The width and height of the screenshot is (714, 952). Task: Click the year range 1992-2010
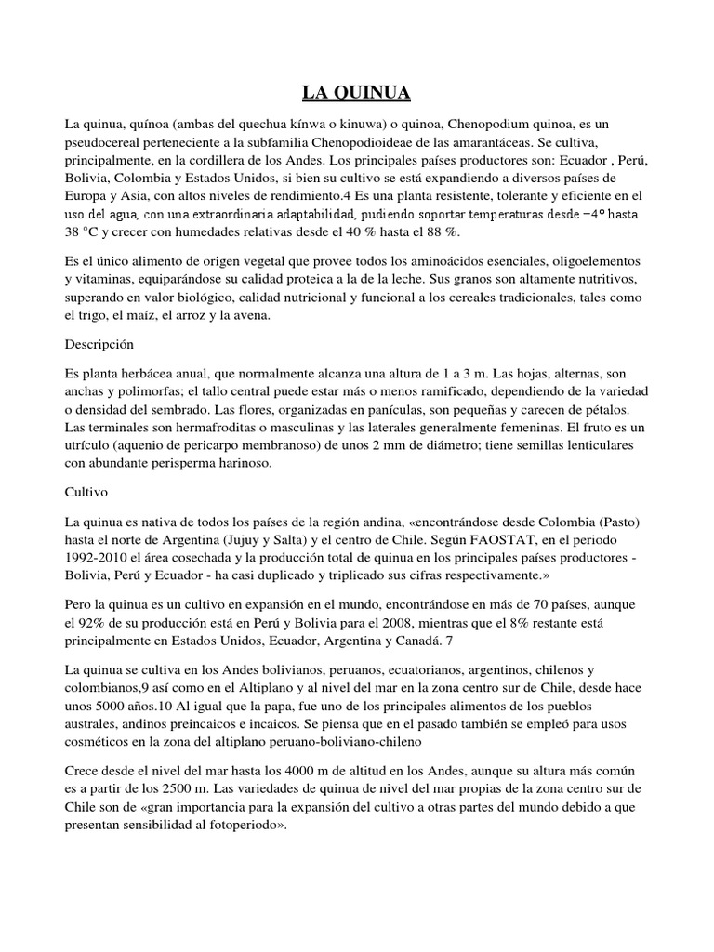(x=98, y=558)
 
